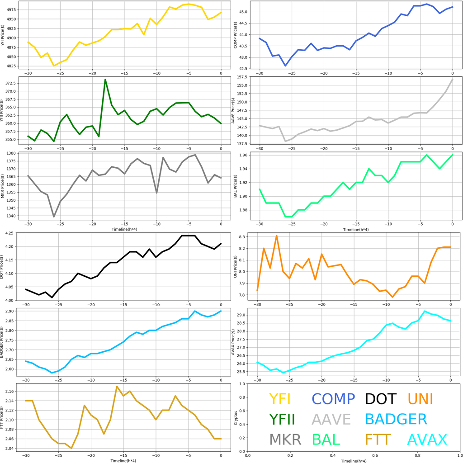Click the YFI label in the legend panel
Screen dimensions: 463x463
279,399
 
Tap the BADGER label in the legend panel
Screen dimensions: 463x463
396,419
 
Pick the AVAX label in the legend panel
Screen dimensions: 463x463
427,439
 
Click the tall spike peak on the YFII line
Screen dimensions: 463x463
105,80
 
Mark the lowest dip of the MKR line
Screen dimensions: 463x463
54,217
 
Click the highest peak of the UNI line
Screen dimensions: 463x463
276,236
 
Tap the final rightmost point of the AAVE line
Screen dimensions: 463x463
452,79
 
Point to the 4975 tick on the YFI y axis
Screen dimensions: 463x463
17,10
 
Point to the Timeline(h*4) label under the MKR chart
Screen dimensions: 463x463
124,230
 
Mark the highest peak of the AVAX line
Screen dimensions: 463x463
425,311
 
